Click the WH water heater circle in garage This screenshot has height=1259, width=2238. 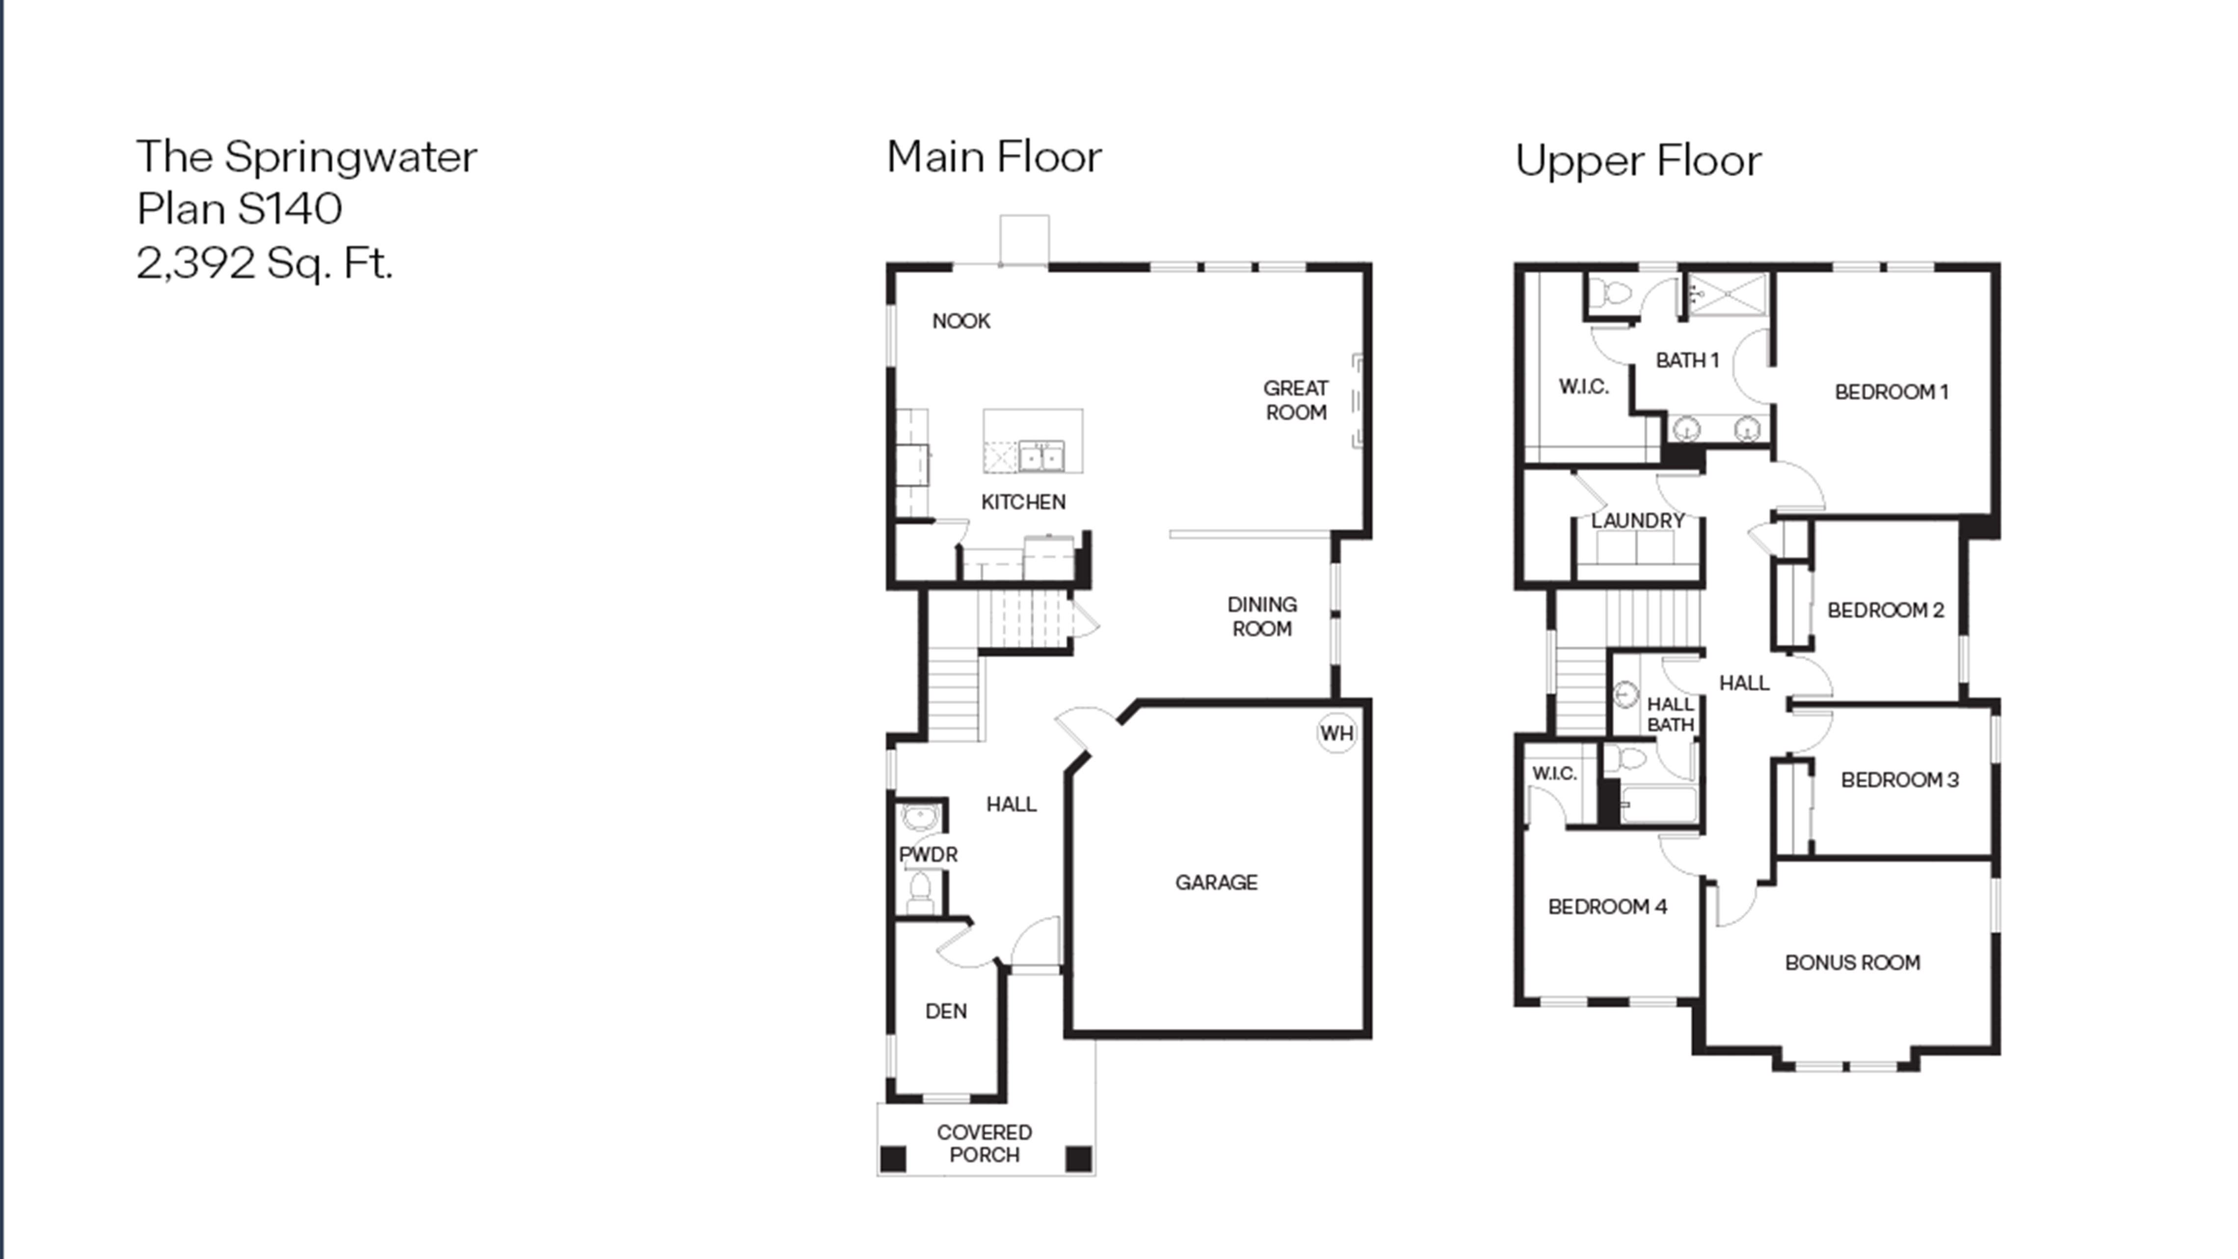point(1336,733)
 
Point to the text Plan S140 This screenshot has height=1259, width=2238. point(239,209)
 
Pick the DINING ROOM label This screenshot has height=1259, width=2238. point(1261,616)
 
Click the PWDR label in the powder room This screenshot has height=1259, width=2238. point(928,854)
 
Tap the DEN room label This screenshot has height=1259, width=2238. point(945,1011)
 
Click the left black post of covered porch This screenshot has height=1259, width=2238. point(893,1158)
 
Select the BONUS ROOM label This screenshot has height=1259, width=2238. point(1852,962)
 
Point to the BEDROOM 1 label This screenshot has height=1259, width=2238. point(1891,392)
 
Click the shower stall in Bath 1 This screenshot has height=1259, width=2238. point(1726,295)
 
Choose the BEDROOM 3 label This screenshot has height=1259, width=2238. point(1899,779)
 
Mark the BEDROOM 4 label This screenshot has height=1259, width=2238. point(1607,906)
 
